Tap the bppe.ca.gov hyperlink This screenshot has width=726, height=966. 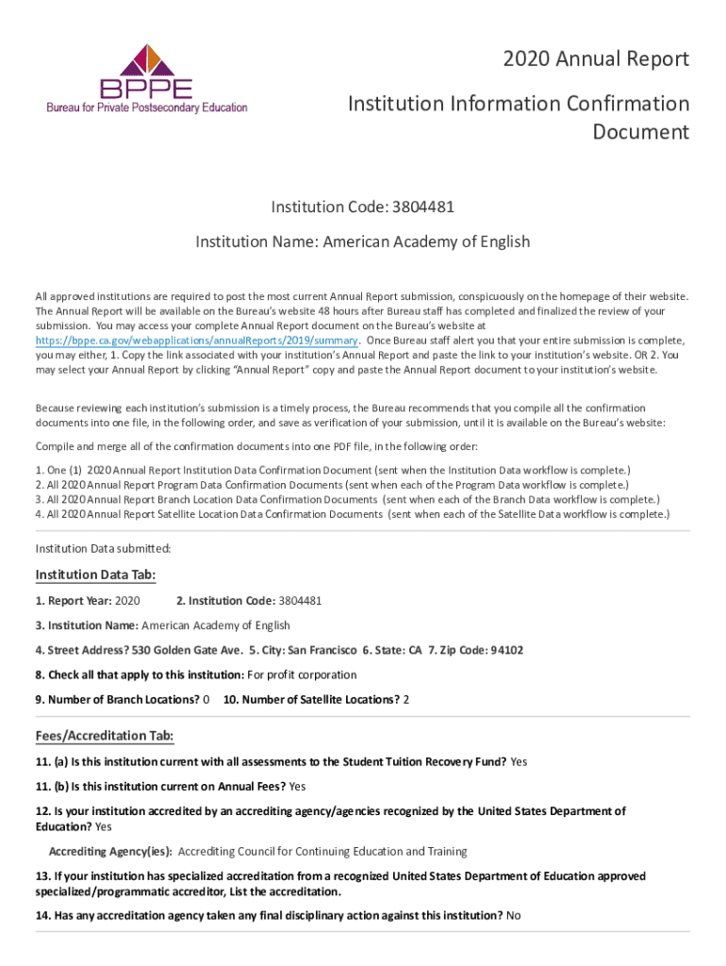click(x=196, y=340)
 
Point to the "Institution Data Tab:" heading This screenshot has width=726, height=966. click(x=95, y=575)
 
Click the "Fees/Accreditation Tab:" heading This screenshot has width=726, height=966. click(x=104, y=736)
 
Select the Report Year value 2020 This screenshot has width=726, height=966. click(x=126, y=600)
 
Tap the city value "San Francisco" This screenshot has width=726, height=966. click(x=322, y=650)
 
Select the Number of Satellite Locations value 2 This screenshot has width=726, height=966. click(x=406, y=699)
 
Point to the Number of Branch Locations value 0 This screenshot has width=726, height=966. click(x=206, y=699)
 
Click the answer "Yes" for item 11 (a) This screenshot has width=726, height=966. click(x=520, y=761)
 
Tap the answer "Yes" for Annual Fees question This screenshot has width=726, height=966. click(x=297, y=786)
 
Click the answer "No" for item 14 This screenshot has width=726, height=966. click(x=514, y=915)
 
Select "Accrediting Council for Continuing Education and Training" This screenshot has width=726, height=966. click(x=322, y=851)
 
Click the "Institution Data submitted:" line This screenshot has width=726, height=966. click(x=103, y=547)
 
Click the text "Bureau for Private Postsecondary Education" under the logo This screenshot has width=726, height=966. click(x=147, y=108)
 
